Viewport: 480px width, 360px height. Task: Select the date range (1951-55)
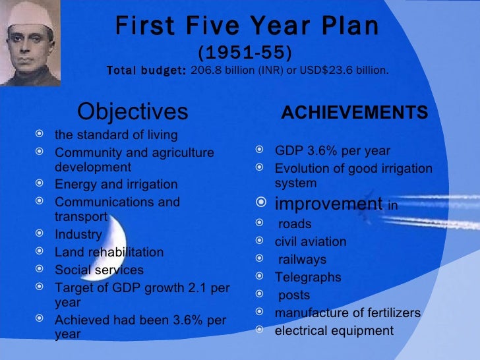pyautogui.click(x=246, y=51)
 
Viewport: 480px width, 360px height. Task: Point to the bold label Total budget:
pyautogui.click(x=146, y=69)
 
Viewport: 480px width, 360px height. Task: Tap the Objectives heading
pyautogui.click(x=133, y=111)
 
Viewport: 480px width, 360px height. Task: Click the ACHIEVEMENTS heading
pyautogui.click(x=355, y=113)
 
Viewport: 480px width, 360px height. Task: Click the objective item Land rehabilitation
pyautogui.click(x=109, y=252)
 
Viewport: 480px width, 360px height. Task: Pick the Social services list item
pyautogui.click(x=99, y=270)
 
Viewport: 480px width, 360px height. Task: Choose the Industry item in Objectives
pyautogui.click(x=78, y=234)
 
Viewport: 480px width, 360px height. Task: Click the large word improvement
pyautogui.click(x=328, y=203)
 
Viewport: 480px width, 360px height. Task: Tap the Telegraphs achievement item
pyautogui.click(x=308, y=277)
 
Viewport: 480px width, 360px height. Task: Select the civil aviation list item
pyautogui.click(x=310, y=241)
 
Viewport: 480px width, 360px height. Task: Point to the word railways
pyautogui.click(x=302, y=259)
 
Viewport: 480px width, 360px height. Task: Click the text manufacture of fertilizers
pyautogui.click(x=347, y=313)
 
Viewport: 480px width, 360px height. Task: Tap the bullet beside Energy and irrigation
pyautogui.click(x=41, y=184)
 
